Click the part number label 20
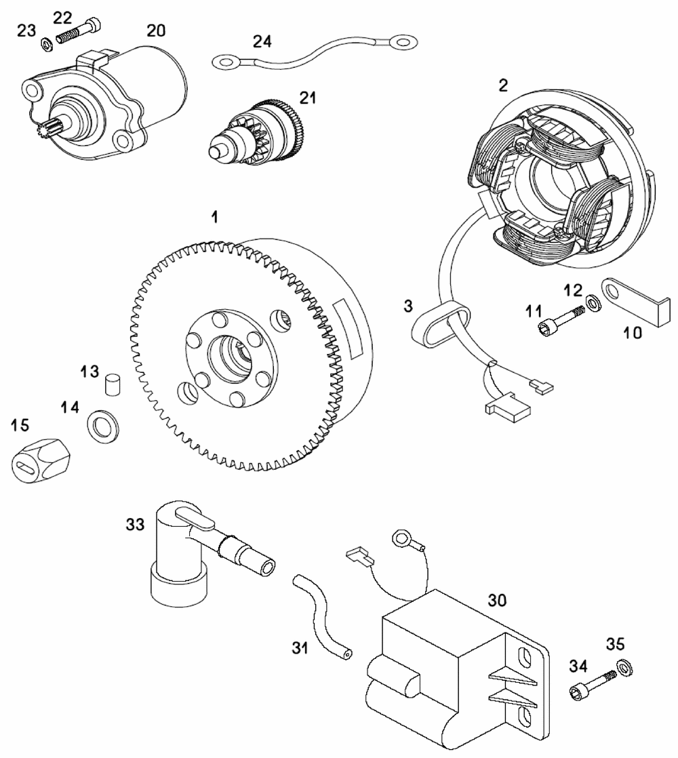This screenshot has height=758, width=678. (156, 31)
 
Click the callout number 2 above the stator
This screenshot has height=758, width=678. (502, 85)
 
